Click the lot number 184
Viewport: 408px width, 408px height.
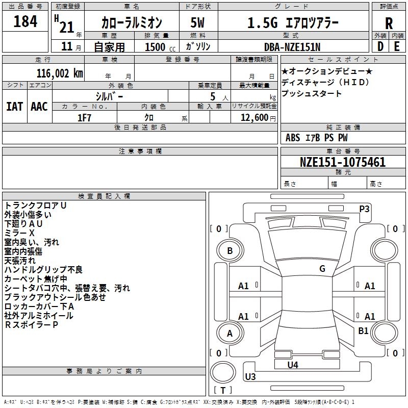(x=25, y=22)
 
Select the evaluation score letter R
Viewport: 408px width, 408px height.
(x=389, y=22)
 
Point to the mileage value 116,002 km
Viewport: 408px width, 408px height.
(x=60, y=73)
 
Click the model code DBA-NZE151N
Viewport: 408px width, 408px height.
(x=293, y=46)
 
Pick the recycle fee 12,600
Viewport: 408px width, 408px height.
(x=253, y=117)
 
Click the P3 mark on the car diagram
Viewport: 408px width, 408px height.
(x=364, y=209)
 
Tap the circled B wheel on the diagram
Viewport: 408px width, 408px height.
(x=229, y=250)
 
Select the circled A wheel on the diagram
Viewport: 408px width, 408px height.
(x=229, y=334)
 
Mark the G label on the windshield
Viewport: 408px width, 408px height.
(x=322, y=269)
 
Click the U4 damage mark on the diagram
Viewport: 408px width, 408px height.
(x=293, y=365)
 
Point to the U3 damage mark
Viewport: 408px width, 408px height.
(x=250, y=377)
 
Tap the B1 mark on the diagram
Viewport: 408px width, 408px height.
(x=363, y=331)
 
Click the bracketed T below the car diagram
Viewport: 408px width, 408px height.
(x=223, y=391)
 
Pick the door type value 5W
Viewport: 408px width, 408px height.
(x=197, y=22)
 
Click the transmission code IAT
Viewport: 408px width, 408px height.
(x=14, y=106)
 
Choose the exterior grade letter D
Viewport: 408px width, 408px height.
(x=380, y=46)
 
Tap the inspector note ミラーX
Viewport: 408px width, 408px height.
(x=19, y=233)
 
